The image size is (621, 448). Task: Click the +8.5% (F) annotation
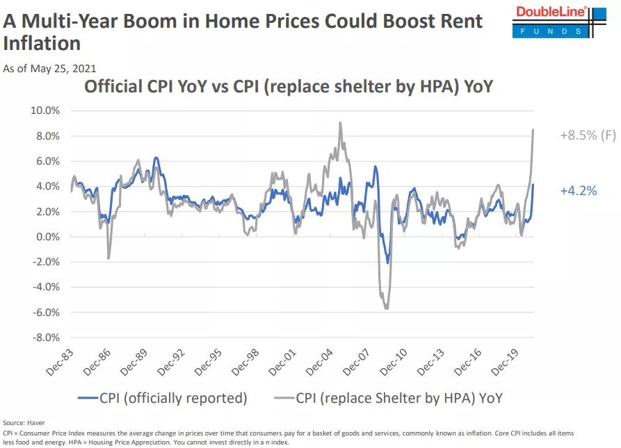tap(588, 135)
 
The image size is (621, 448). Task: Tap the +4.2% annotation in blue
tap(578, 190)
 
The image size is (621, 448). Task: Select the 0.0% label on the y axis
tap(47, 237)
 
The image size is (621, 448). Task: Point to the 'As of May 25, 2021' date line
tap(49, 68)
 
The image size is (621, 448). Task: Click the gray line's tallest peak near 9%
tap(340, 123)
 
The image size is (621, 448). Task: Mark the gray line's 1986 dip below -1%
tap(108, 258)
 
